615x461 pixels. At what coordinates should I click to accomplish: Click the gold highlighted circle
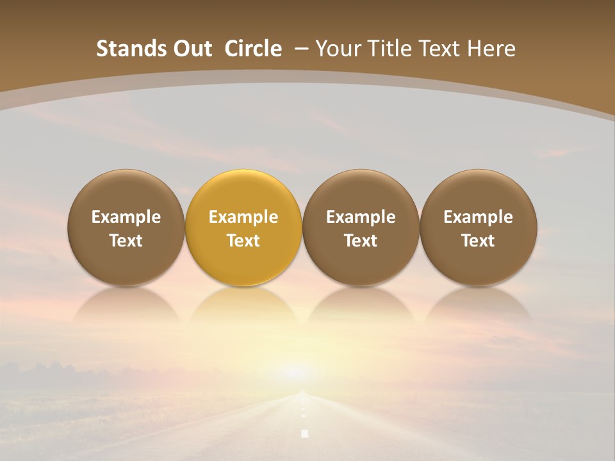[x=243, y=227]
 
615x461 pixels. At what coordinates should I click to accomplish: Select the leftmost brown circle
[x=126, y=227]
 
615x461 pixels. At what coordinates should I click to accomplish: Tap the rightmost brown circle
[x=478, y=227]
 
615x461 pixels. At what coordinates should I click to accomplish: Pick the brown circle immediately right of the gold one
[x=361, y=227]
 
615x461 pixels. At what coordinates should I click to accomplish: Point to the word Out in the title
[x=192, y=49]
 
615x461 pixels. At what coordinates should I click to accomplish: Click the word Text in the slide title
[x=439, y=49]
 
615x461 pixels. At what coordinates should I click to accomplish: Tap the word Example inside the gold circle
[x=243, y=217]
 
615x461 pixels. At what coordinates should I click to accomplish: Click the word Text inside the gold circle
[x=243, y=241]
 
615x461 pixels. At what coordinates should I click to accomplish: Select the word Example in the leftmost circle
[x=126, y=217]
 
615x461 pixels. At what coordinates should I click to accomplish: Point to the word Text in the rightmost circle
[x=478, y=241]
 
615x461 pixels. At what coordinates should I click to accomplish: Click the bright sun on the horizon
[x=296, y=371]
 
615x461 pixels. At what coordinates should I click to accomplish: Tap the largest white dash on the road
[x=305, y=433]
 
